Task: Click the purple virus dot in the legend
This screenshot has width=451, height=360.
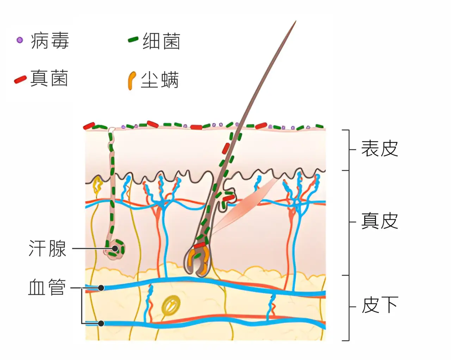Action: (20, 40)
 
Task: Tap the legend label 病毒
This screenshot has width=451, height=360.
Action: (50, 41)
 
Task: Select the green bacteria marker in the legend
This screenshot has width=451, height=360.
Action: (133, 39)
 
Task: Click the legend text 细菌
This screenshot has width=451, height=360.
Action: (161, 41)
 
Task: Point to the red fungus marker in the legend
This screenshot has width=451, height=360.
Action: (20, 80)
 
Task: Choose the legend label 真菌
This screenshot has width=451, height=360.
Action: (49, 78)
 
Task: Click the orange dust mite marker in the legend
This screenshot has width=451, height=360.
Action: (132, 80)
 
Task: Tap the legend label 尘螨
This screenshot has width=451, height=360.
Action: (160, 80)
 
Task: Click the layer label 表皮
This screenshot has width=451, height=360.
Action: (379, 148)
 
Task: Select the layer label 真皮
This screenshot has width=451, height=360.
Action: (379, 221)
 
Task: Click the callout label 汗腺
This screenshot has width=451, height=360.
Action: (48, 248)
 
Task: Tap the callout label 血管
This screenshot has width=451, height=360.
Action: (47, 287)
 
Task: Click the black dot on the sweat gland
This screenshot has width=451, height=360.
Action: (115, 249)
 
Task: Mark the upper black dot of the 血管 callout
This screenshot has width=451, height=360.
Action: (101, 288)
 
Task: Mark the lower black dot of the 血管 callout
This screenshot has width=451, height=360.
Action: (101, 323)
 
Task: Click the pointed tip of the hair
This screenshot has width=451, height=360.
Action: (296, 21)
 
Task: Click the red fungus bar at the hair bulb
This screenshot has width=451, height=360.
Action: (199, 245)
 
